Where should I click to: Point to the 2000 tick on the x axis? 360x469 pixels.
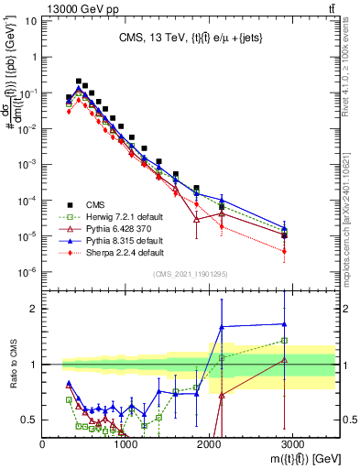tap(210, 444)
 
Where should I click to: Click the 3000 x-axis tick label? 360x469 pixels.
tap(293, 444)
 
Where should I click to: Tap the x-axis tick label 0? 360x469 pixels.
tap(43, 444)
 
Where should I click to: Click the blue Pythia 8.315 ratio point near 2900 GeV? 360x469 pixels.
tap(284, 323)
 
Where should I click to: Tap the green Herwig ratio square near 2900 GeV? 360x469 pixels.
tap(284, 341)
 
